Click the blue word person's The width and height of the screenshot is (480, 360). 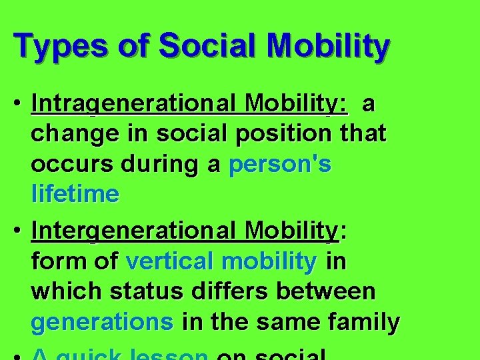280,165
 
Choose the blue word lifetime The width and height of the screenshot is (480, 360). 75,195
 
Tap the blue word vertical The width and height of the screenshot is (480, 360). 172,261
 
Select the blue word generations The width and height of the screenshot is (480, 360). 102,322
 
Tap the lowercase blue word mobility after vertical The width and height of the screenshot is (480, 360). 270,261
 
